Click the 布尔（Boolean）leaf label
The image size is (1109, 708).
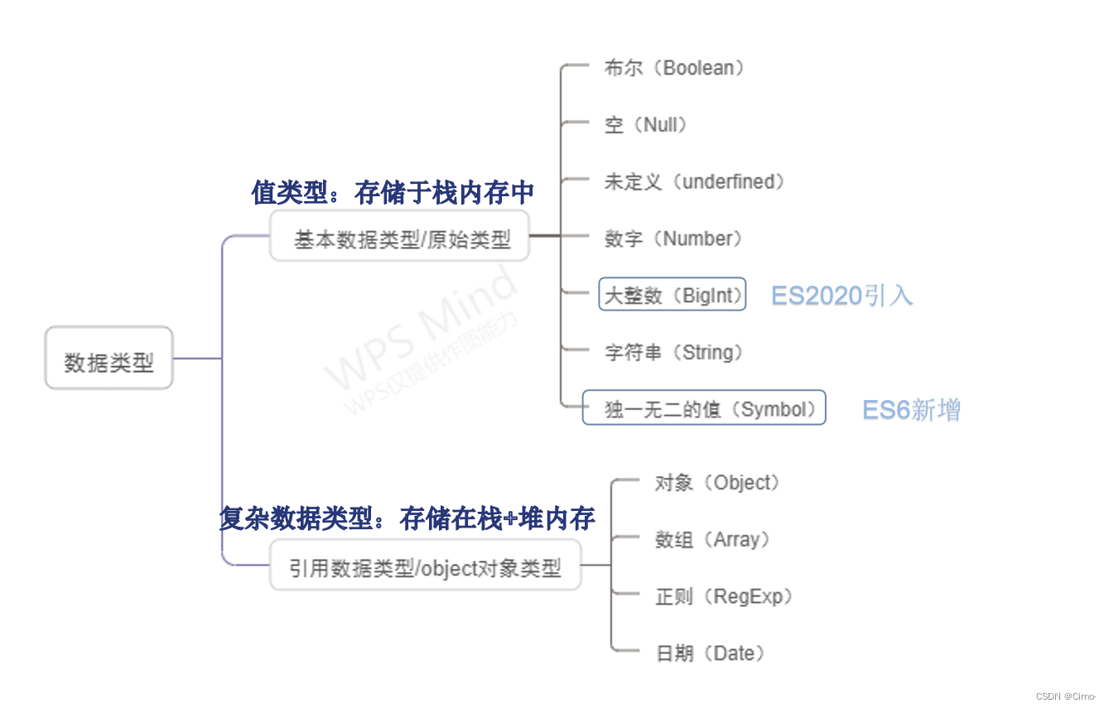pyautogui.click(x=674, y=68)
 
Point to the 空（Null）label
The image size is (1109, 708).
pyautogui.click(x=646, y=125)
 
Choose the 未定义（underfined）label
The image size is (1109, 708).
pyautogui.click(x=694, y=181)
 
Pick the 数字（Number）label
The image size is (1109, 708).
pyautogui.click(x=673, y=238)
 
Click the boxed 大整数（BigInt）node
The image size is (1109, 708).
pyautogui.click(x=673, y=295)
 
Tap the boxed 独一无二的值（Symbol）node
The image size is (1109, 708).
pyautogui.click(x=704, y=408)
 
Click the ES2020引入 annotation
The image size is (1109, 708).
pyautogui.click(x=841, y=296)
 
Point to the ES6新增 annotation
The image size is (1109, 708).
pyautogui.click(x=911, y=410)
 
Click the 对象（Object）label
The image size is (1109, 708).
pyautogui.click(x=717, y=483)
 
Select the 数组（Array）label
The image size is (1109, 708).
pyautogui.click(x=712, y=540)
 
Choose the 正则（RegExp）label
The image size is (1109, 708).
pyautogui.click(x=724, y=596)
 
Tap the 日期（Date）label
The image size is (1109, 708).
pyautogui.click(x=710, y=653)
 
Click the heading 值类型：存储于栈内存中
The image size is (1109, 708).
pyautogui.click(x=393, y=193)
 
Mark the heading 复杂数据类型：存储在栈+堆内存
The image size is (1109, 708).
pyautogui.click(x=407, y=519)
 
